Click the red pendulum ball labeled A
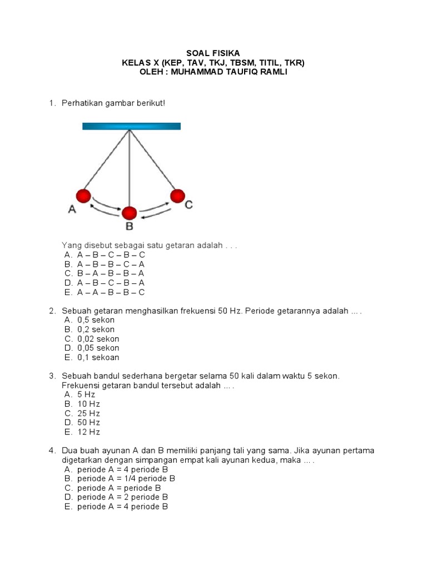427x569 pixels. coord(83,196)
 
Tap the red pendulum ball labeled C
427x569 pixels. coord(177,196)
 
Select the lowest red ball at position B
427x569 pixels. coord(130,212)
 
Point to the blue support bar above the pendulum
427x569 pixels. coord(131,126)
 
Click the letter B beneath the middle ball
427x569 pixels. coord(129,226)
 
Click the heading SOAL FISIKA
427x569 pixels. coord(213,53)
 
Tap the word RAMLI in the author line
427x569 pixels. coord(272,73)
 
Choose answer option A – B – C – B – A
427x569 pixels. coord(111,283)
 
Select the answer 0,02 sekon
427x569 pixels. coord(98,339)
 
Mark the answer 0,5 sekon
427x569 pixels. coord(96,320)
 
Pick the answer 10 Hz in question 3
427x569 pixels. coord(88,404)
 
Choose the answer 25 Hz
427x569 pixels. coord(88,413)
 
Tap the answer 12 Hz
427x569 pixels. coord(88,432)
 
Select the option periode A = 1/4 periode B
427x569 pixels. coord(126,478)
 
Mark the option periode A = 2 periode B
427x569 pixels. coord(122,497)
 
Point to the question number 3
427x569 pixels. coord(51,376)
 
